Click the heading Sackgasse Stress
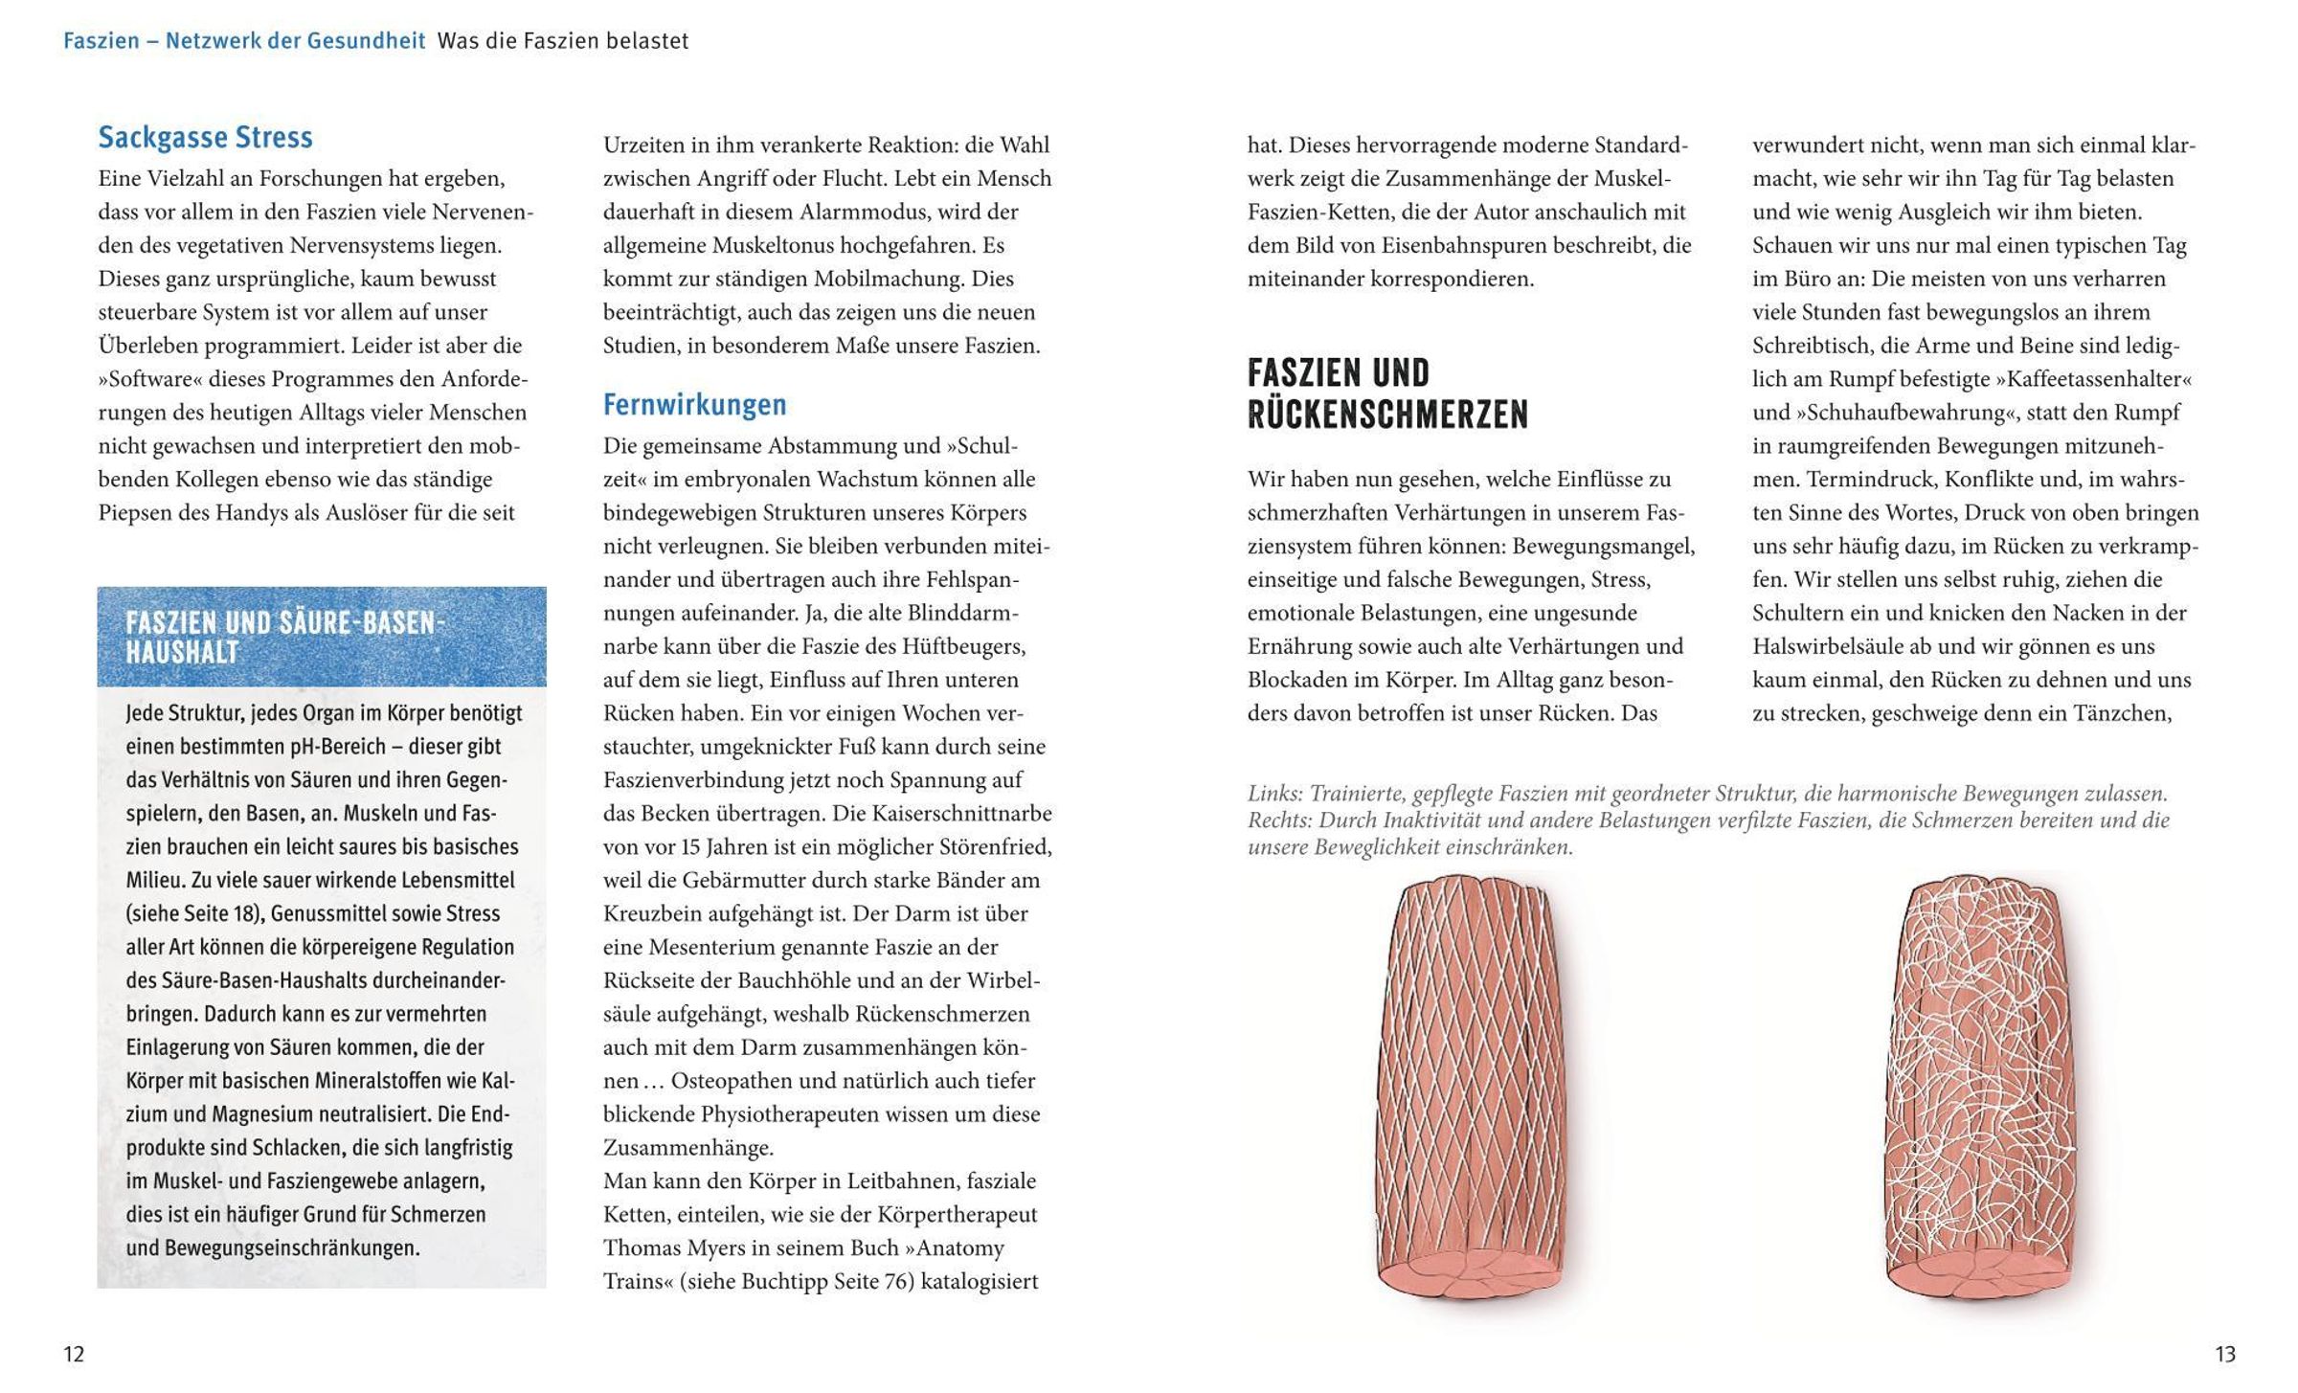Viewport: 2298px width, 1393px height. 205,138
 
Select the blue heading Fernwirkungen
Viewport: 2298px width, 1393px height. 694,405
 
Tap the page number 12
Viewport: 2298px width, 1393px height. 74,1354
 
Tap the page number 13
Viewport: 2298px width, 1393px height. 2224,1354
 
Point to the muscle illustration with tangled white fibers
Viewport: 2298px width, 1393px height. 1973,1087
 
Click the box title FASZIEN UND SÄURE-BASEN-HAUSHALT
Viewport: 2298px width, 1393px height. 285,638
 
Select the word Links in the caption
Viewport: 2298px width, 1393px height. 1273,794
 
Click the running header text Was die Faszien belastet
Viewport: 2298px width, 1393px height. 563,41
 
